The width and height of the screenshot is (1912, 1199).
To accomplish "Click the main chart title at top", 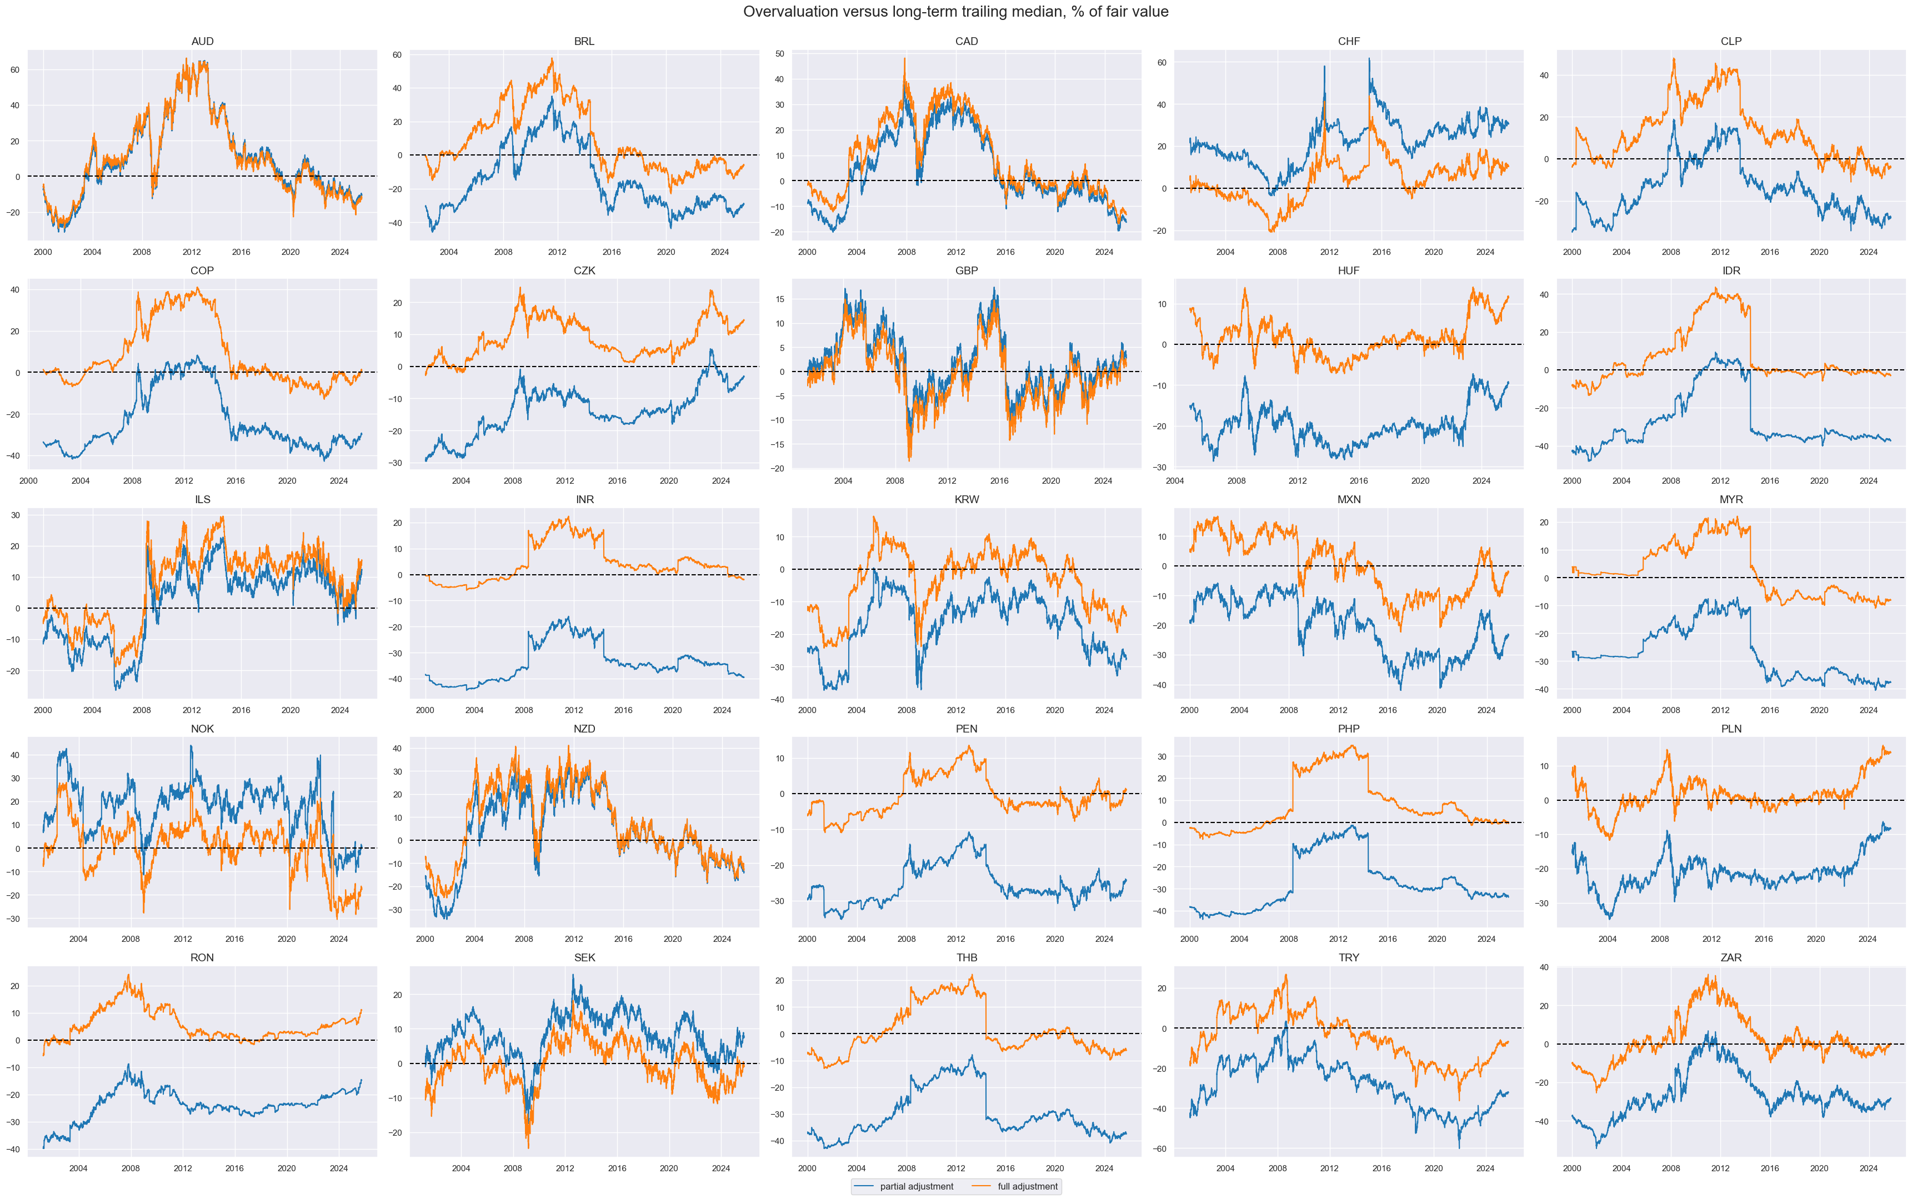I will click(x=955, y=12).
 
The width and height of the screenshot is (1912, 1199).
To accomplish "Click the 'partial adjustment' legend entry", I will click(x=916, y=1186).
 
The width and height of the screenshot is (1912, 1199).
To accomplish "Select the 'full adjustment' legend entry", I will click(x=1027, y=1186).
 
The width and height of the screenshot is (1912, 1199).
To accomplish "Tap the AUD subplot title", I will click(x=202, y=41).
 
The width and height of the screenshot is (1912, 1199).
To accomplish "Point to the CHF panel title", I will click(x=1348, y=41).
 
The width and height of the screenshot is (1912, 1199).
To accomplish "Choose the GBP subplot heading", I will click(x=966, y=270).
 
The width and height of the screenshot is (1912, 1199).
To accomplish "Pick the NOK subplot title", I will click(x=202, y=729).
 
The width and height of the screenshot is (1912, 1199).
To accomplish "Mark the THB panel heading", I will click(x=966, y=958).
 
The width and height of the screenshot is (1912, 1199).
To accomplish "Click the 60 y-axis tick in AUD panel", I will click(x=15, y=70).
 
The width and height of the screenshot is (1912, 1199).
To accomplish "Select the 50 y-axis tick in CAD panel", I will click(x=779, y=54).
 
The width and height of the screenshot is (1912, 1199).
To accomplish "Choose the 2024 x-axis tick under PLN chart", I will click(x=1868, y=940).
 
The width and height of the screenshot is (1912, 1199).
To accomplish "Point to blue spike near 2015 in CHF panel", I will click(x=1369, y=59).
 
